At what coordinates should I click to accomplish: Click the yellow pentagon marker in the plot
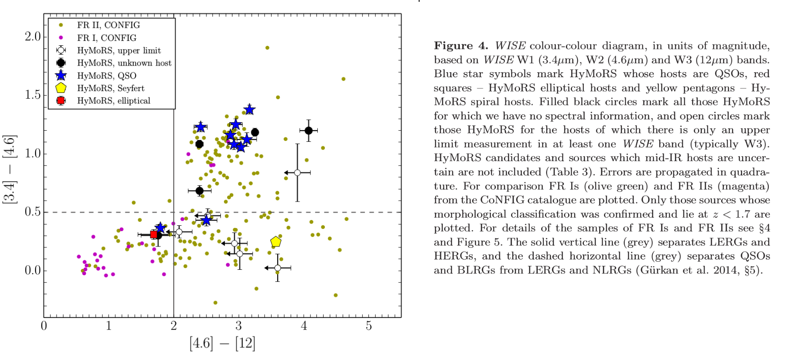(276, 241)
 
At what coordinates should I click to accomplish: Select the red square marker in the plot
(153, 234)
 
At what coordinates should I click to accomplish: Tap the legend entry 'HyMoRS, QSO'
(106, 75)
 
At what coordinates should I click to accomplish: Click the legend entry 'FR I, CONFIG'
(106, 38)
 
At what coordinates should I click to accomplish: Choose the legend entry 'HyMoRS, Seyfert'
(110, 88)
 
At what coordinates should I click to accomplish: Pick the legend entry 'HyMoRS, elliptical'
(114, 101)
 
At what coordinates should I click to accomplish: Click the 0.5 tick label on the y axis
(32, 212)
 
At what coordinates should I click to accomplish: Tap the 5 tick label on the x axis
(368, 326)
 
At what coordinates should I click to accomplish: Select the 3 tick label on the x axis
(239, 326)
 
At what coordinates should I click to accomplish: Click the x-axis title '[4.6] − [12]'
(222, 343)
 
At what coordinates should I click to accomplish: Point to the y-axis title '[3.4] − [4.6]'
(10, 169)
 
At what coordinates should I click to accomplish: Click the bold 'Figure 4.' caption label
(461, 46)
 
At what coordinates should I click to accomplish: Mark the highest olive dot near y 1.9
(267, 48)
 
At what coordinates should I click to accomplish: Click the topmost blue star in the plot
(250, 110)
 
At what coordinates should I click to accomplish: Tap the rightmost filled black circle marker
(308, 131)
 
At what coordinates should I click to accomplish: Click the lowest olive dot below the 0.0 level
(215, 303)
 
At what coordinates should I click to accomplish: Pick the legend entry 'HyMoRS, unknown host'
(124, 63)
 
